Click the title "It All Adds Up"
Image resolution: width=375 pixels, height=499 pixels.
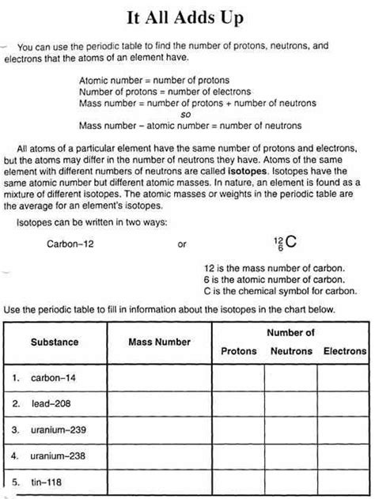click(187, 17)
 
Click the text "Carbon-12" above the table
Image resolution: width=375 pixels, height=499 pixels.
click(70, 244)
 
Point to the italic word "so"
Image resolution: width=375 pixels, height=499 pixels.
click(187, 114)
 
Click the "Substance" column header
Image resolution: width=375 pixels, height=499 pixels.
click(55, 342)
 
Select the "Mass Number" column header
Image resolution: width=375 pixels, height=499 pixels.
click(159, 342)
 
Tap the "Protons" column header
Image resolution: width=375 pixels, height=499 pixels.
click(238, 350)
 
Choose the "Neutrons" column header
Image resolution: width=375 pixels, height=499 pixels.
click(291, 350)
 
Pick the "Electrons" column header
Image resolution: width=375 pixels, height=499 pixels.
click(344, 350)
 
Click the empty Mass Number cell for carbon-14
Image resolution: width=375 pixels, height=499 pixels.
click(159, 378)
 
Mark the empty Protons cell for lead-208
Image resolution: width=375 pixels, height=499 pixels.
click(238, 404)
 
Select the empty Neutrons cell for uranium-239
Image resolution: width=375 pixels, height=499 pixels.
click(291, 430)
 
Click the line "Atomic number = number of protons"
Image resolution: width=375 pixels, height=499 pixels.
click(154, 81)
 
